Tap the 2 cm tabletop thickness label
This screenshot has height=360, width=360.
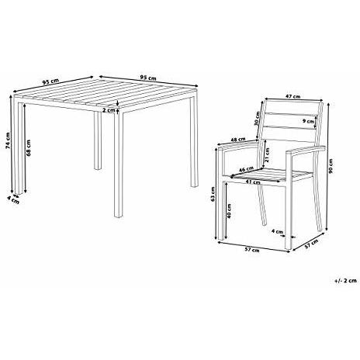click(110, 110)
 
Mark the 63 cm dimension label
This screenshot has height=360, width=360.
click(215, 198)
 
